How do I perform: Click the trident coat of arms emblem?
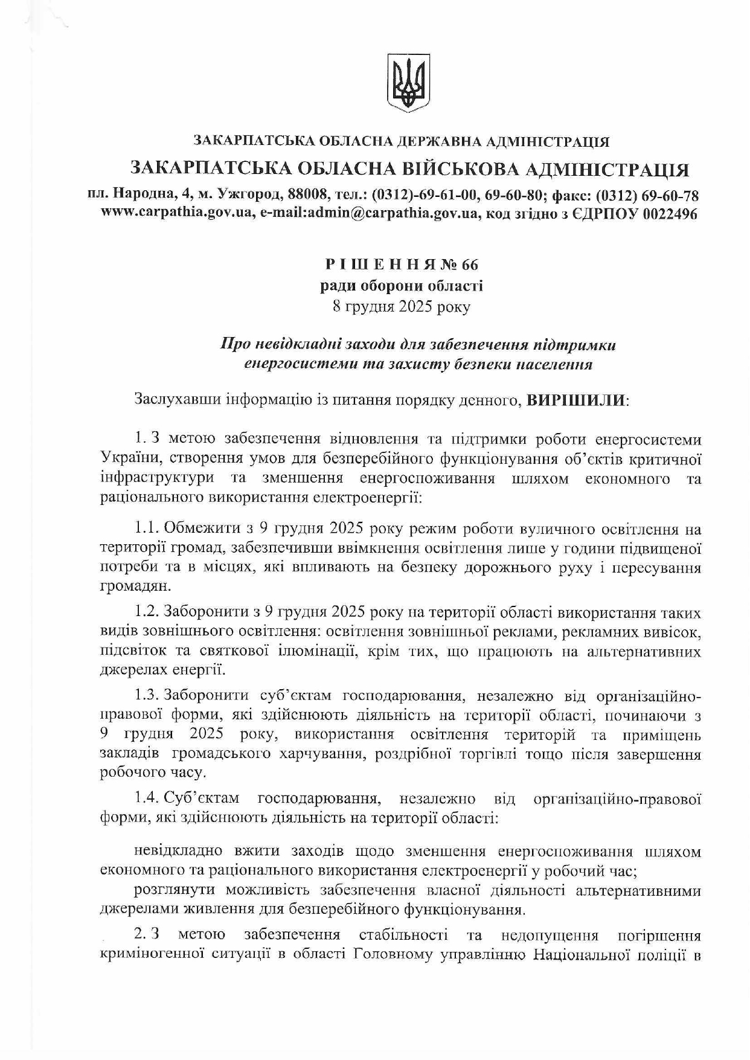408,83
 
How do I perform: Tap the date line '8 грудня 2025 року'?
401,306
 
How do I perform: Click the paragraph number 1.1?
147,530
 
